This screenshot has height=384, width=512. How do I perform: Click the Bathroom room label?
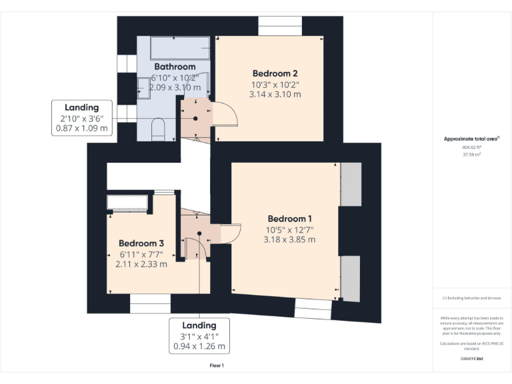coord(175,67)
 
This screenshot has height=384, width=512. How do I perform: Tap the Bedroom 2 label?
coord(275,73)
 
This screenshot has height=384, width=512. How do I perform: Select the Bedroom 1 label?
coord(289,219)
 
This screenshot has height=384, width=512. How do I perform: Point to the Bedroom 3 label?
coord(141,243)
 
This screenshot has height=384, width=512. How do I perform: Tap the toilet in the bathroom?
coord(158,129)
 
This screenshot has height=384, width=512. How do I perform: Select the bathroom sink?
coord(143,87)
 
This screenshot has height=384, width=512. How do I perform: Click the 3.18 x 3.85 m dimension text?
coord(289,239)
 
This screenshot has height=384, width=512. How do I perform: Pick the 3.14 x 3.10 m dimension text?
coord(275,95)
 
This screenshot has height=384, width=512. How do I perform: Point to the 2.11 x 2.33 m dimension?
coord(141,264)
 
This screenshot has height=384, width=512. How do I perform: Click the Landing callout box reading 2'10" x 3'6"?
coord(81,118)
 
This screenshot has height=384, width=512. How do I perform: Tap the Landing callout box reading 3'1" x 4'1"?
coord(199,336)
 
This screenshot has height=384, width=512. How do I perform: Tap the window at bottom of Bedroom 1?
coord(313,309)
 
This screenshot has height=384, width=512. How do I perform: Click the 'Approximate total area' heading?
coord(472,139)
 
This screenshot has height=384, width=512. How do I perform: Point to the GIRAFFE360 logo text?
coord(471,359)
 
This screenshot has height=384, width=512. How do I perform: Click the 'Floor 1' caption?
coord(217,365)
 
